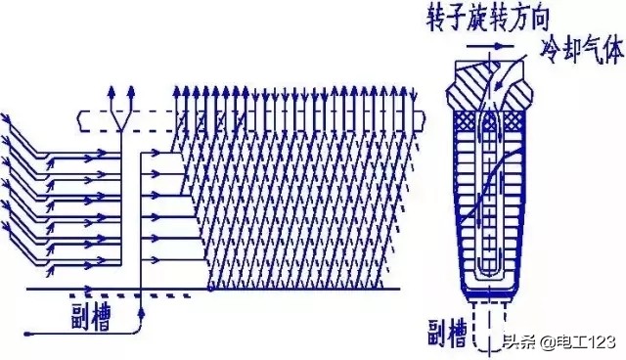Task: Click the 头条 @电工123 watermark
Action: [559, 342]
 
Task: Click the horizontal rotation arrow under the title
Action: [488, 44]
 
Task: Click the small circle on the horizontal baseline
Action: [212, 290]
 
